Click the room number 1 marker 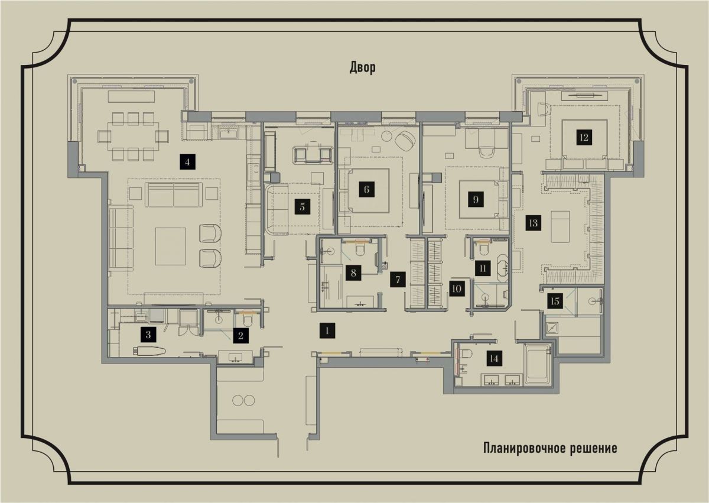[x=326, y=330]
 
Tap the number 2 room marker [x=240, y=336]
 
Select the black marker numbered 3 [x=148, y=335]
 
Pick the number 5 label [x=302, y=207]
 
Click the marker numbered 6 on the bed [x=366, y=190]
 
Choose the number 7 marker [x=398, y=280]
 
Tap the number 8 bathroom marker [x=353, y=272]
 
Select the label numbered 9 [x=476, y=200]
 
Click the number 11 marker [x=483, y=268]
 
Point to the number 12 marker [x=584, y=138]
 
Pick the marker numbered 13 [x=533, y=223]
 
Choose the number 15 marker [x=554, y=301]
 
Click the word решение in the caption [x=593, y=448]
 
